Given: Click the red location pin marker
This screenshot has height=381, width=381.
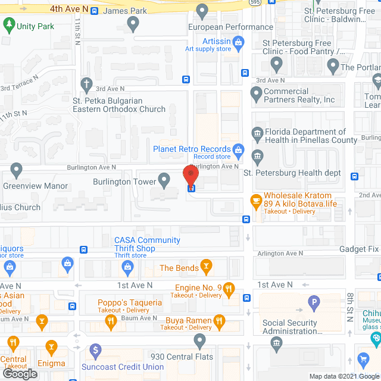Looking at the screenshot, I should coord(190,175).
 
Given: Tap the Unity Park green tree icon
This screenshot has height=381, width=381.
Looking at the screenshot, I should coord(9,25).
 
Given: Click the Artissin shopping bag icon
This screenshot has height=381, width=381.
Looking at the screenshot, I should coord(238,42).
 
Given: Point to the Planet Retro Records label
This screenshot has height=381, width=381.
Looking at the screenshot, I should coord(192,149).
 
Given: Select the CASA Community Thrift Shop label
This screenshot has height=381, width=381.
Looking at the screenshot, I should coord(147,244).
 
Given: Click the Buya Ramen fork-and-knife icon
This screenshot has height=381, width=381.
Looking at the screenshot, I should coord(220,323).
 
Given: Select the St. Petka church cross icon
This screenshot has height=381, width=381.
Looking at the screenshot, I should coord(87,83).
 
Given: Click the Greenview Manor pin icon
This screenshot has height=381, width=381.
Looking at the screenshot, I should coord(17,170).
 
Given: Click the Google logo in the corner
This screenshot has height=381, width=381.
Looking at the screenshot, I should coord(19,374).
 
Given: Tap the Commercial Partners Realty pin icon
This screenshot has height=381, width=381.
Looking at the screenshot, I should coord(256,93).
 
